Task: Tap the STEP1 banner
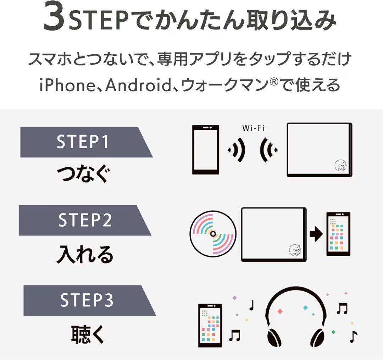83,142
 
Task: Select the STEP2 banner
83,220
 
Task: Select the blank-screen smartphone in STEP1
205,150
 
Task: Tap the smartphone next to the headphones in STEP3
210,325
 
